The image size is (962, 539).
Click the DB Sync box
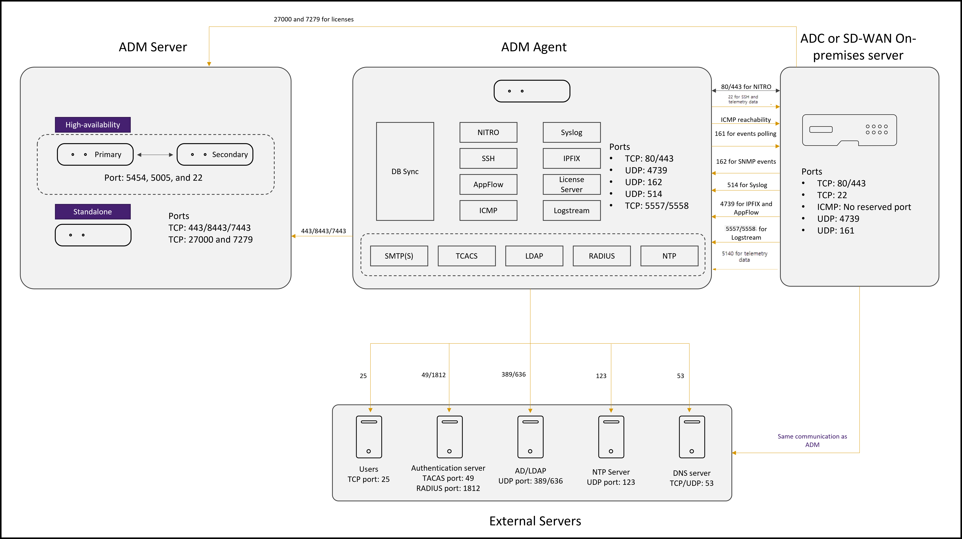(x=405, y=171)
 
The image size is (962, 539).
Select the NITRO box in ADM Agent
(x=488, y=132)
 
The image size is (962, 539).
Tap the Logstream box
(x=571, y=210)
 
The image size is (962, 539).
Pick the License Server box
(x=571, y=184)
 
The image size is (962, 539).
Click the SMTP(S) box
(x=399, y=256)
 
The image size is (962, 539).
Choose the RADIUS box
(x=602, y=256)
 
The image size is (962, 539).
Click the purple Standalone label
(x=93, y=211)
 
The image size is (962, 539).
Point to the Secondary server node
(x=215, y=154)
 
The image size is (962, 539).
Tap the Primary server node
(x=95, y=154)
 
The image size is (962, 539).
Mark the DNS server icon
(x=692, y=437)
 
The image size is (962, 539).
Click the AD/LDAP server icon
(x=530, y=437)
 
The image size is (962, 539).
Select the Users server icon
(x=369, y=437)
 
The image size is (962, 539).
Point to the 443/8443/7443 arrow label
(x=323, y=231)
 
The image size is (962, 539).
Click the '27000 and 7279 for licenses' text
(x=314, y=19)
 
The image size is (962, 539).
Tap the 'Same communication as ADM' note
(x=812, y=440)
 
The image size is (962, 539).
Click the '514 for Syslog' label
(x=747, y=185)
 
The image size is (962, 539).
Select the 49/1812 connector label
(x=434, y=375)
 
